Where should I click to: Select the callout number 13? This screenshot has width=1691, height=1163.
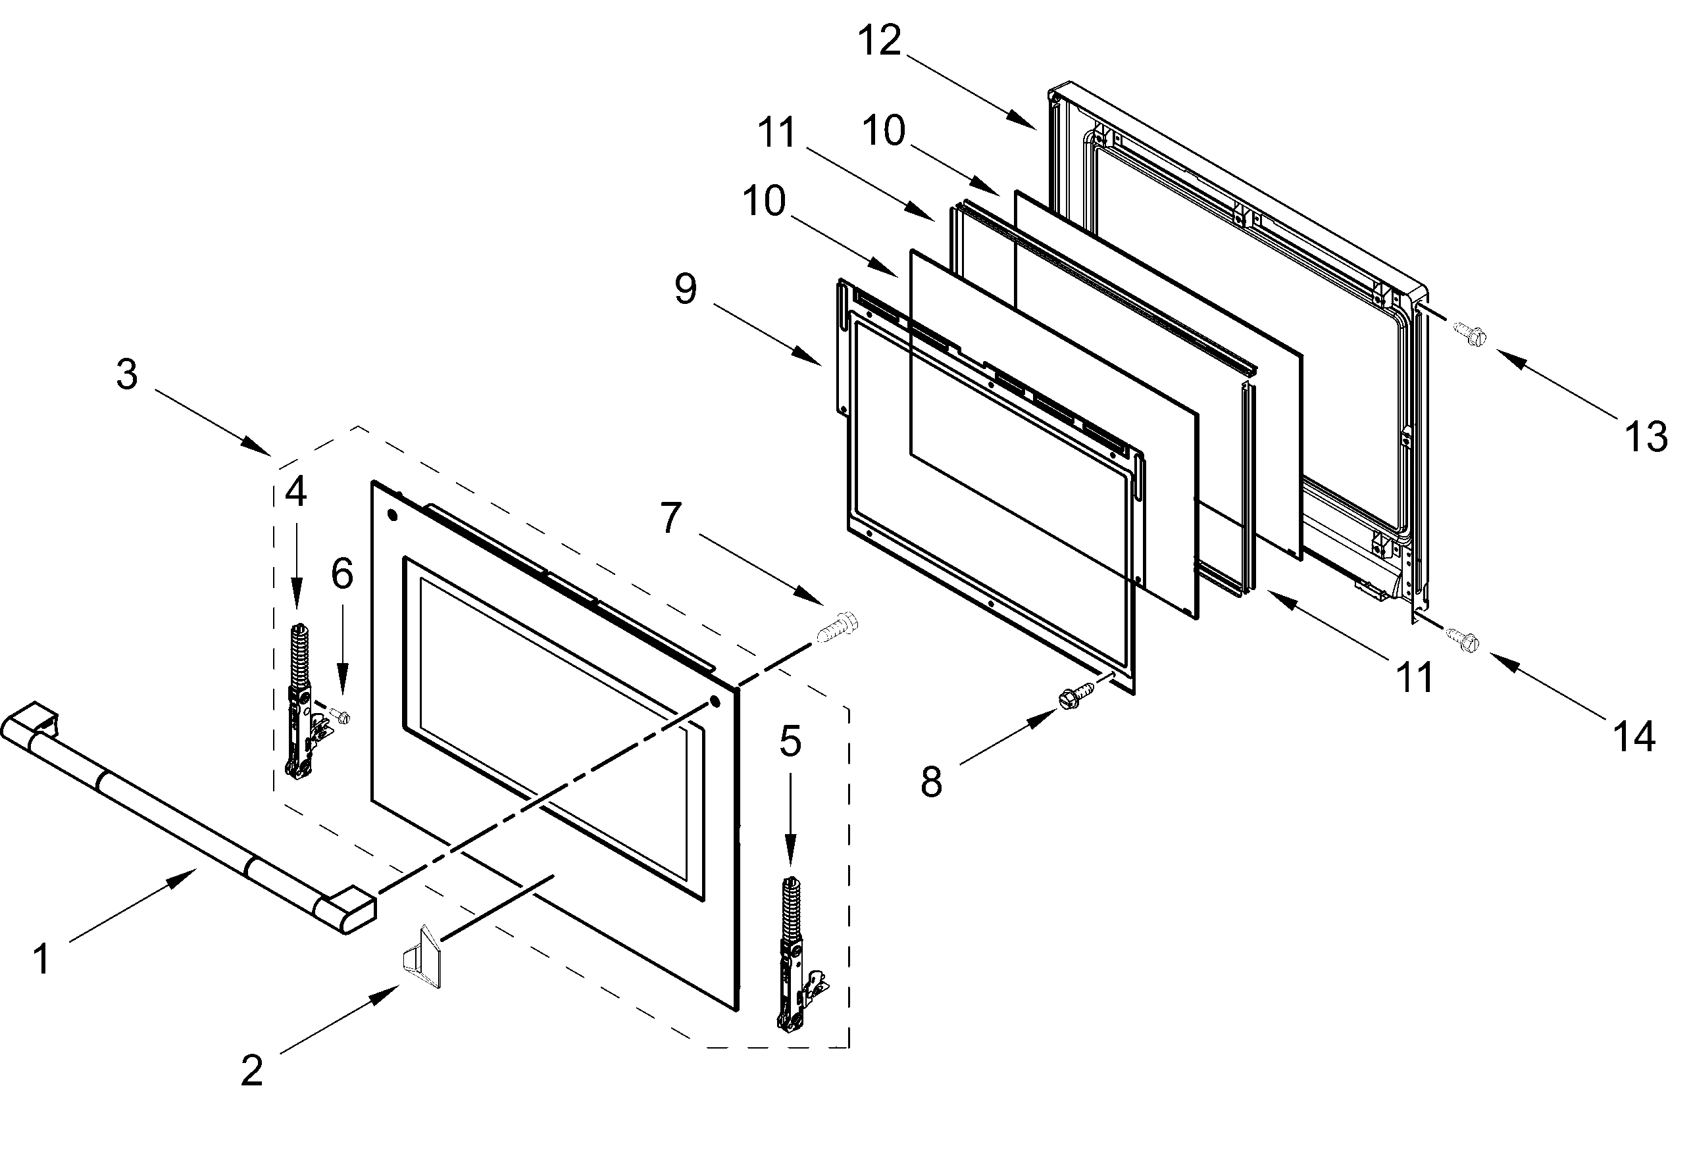point(1646,437)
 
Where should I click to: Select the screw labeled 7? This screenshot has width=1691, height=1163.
point(838,628)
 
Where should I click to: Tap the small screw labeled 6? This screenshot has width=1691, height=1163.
point(340,716)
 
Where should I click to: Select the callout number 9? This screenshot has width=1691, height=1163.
point(685,289)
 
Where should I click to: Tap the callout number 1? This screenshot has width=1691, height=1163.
point(42,959)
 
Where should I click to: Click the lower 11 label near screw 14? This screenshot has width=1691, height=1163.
point(1415,678)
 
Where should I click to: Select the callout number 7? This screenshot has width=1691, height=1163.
point(670,518)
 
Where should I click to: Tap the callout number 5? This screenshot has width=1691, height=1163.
point(790,742)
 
